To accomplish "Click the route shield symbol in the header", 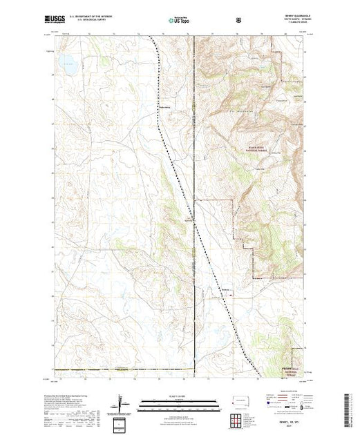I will [239, 21].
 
